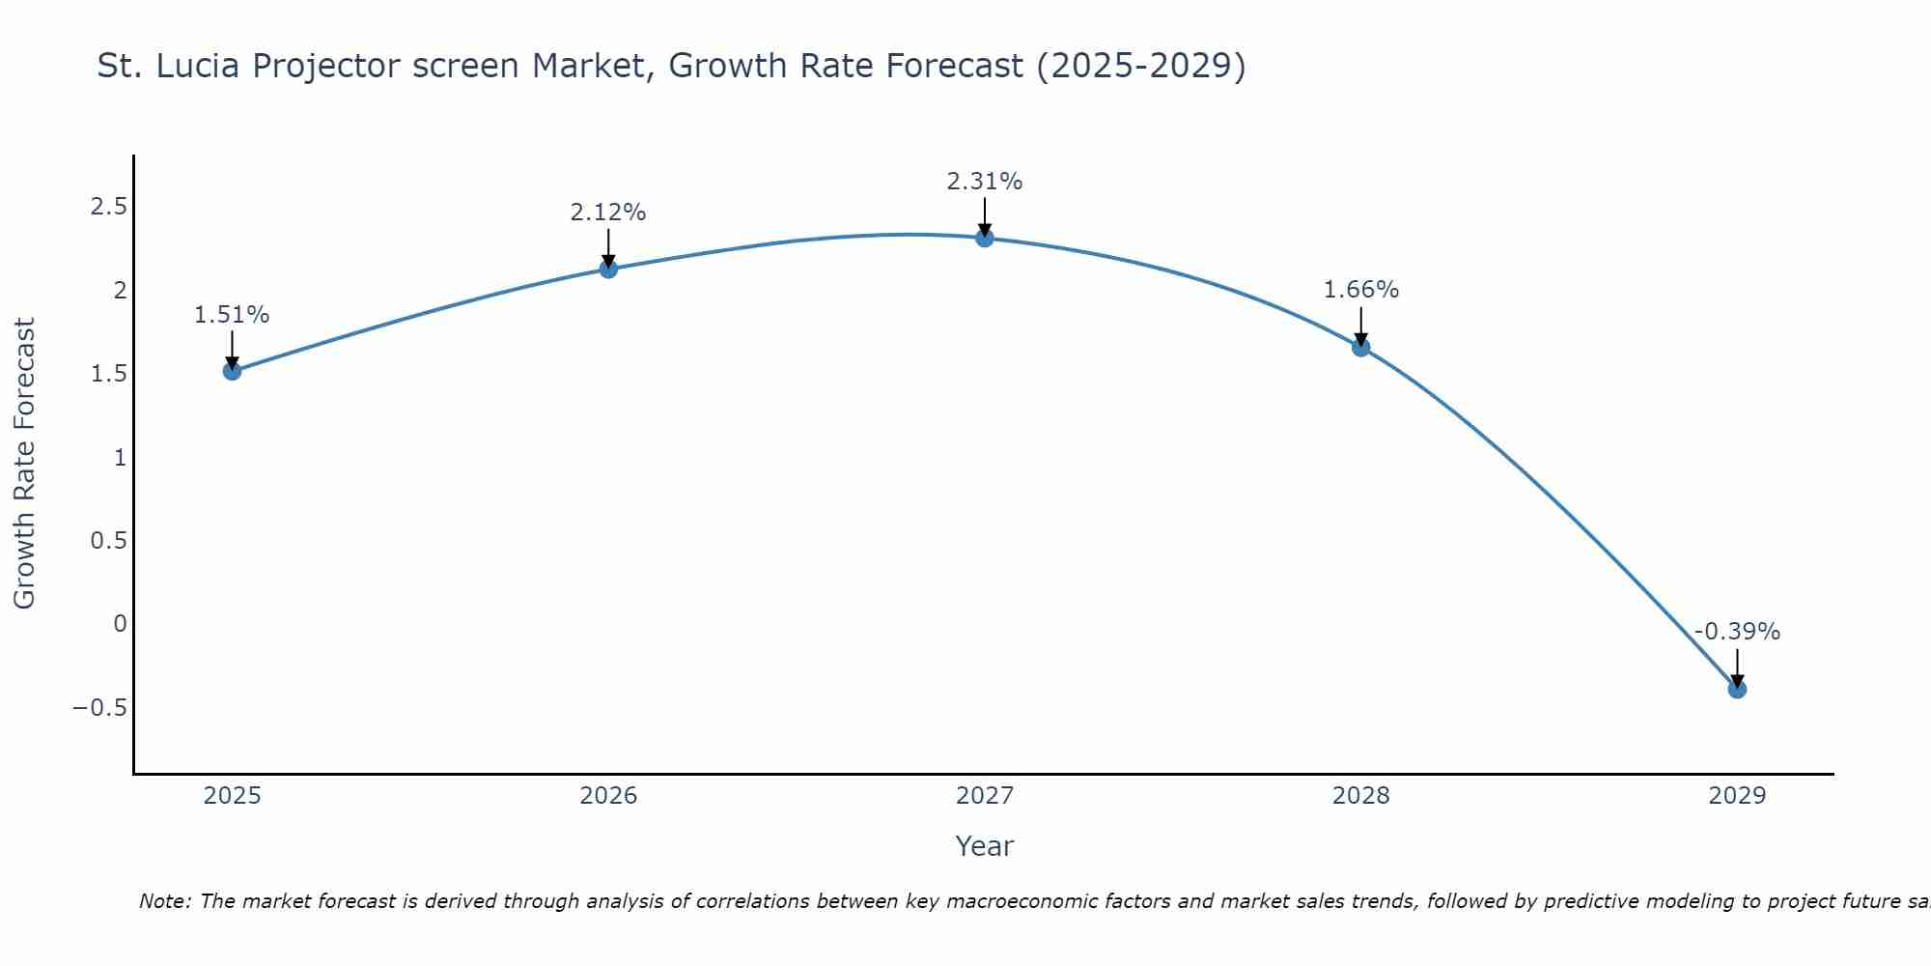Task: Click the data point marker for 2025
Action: [232, 370]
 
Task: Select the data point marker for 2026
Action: [608, 269]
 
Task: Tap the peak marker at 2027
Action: [985, 238]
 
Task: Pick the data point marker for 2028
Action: [1360, 347]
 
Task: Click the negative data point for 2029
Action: [1737, 689]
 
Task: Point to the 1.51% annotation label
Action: [232, 315]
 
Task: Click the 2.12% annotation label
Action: [608, 213]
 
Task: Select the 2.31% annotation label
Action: [985, 182]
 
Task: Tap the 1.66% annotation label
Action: [1360, 290]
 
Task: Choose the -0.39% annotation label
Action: [1737, 632]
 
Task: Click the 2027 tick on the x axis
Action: [985, 796]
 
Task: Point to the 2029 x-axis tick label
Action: [1737, 796]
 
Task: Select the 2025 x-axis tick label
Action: [232, 796]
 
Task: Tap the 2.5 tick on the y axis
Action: [109, 207]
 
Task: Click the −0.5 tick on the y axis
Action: [100, 707]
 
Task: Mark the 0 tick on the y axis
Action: [120, 624]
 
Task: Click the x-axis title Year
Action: [984, 846]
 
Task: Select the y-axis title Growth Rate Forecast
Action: [24, 464]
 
